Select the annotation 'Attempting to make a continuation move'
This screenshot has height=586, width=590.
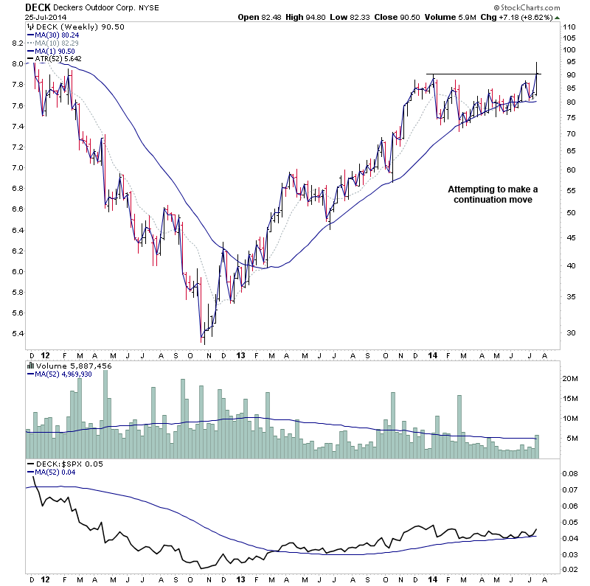489,194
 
